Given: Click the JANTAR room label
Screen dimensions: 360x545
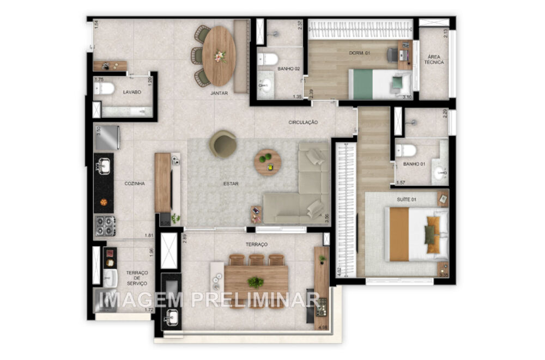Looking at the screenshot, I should (219, 93).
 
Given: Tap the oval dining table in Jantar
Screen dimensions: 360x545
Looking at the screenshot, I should (219, 56).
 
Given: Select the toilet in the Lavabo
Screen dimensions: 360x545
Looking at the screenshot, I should (104, 88).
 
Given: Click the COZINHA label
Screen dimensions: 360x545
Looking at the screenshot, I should (135, 184).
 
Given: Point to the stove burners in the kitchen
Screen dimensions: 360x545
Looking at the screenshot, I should (105, 225).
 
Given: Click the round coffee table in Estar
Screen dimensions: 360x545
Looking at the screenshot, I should (268, 162).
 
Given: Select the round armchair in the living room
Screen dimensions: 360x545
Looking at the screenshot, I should (222, 144).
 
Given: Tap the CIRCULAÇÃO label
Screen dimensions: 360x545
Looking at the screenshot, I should (303, 123).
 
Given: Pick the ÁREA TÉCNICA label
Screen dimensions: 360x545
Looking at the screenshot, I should (434, 59).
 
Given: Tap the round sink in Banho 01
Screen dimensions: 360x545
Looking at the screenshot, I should (439, 174).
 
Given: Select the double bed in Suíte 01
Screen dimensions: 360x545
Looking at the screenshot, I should (416, 234).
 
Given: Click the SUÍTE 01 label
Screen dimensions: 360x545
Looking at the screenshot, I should (407, 200).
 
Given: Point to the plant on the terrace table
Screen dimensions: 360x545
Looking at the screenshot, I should (256, 282).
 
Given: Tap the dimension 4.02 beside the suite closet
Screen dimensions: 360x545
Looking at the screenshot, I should (340, 271).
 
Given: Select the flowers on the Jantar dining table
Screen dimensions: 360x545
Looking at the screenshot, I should (221, 56).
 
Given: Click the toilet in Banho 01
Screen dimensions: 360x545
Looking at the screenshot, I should (406, 150).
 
